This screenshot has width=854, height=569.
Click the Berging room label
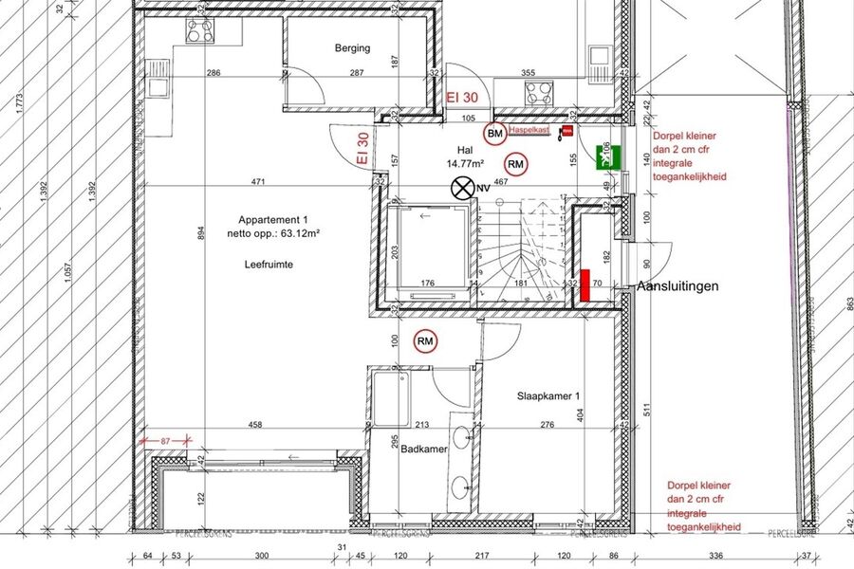tap(352, 48)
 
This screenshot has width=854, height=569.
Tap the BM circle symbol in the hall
tap(494, 136)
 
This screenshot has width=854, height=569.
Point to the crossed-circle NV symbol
tap(462, 187)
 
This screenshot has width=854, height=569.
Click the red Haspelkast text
tap(529, 129)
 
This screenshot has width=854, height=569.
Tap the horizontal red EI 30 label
tap(462, 97)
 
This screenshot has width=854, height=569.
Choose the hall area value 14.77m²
tap(465, 163)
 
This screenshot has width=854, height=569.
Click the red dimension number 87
tap(166, 441)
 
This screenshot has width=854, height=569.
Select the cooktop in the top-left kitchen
tap(200, 30)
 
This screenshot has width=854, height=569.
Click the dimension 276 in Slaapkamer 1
tap(547, 425)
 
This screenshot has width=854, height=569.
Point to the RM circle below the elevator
tap(425, 340)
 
